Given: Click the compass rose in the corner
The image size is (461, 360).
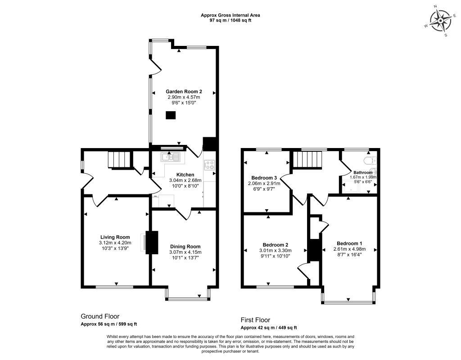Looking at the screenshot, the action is click(x=440, y=21).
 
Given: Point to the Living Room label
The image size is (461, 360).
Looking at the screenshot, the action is click(x=115, y=237).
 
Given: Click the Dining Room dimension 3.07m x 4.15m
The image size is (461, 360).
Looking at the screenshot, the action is click(x=185, y=252).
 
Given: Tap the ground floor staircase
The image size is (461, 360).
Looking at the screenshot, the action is click(x=119, y=160).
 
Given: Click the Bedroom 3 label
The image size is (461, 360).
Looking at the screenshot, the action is click(x=264, y=178).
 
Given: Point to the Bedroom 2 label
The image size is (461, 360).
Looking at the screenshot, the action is click(x=275, y=245).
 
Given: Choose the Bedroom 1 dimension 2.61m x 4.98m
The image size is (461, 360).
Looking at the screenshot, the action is click(x=349, y=249).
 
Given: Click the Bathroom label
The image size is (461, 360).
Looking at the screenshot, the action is click(x=363, y=172).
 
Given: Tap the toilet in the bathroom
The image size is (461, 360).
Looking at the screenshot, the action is click(x=369, y=161).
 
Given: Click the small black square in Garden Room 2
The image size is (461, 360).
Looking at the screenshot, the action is click(x=171, y=115).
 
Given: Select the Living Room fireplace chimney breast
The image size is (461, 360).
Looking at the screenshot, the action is click(x=152, y=243).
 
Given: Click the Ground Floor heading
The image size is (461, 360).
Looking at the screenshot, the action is click(x=100, y=316).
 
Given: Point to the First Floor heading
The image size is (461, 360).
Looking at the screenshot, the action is click(x=255, y=320).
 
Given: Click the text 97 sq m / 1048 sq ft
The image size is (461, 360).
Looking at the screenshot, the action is click(x=230, y=21).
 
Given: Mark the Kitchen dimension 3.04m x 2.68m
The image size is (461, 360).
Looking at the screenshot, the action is click(x=185, y=180).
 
